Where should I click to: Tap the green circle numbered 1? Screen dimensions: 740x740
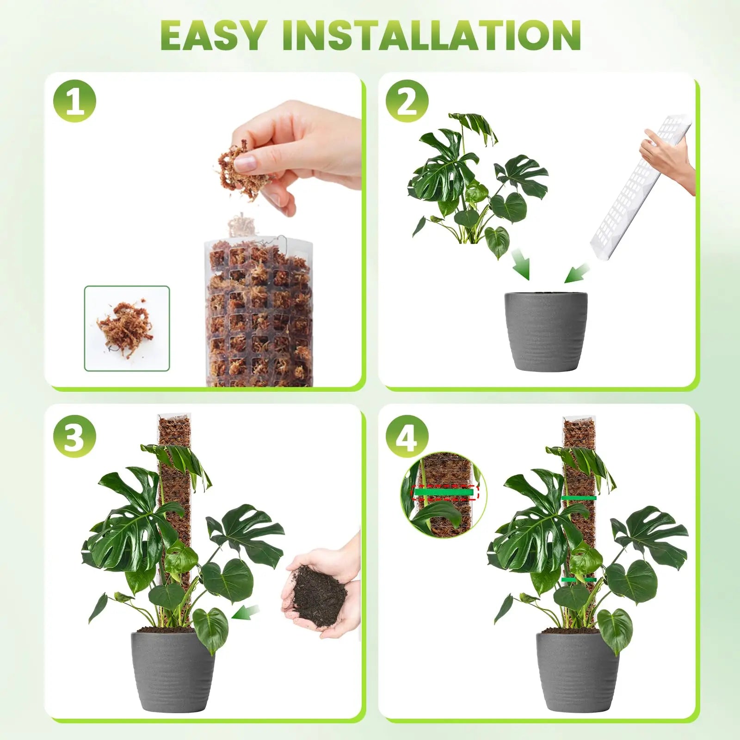(x=74, y=101)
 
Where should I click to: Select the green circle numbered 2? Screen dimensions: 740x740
(x=407, y=101)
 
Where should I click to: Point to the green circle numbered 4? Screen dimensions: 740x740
(x=407, y=437)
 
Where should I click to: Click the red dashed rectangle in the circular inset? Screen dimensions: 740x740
(x=445, y=493)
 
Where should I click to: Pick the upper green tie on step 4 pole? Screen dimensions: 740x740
(x=579, y=498)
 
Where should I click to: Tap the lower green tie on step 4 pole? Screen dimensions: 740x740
(x=578, y=579)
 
